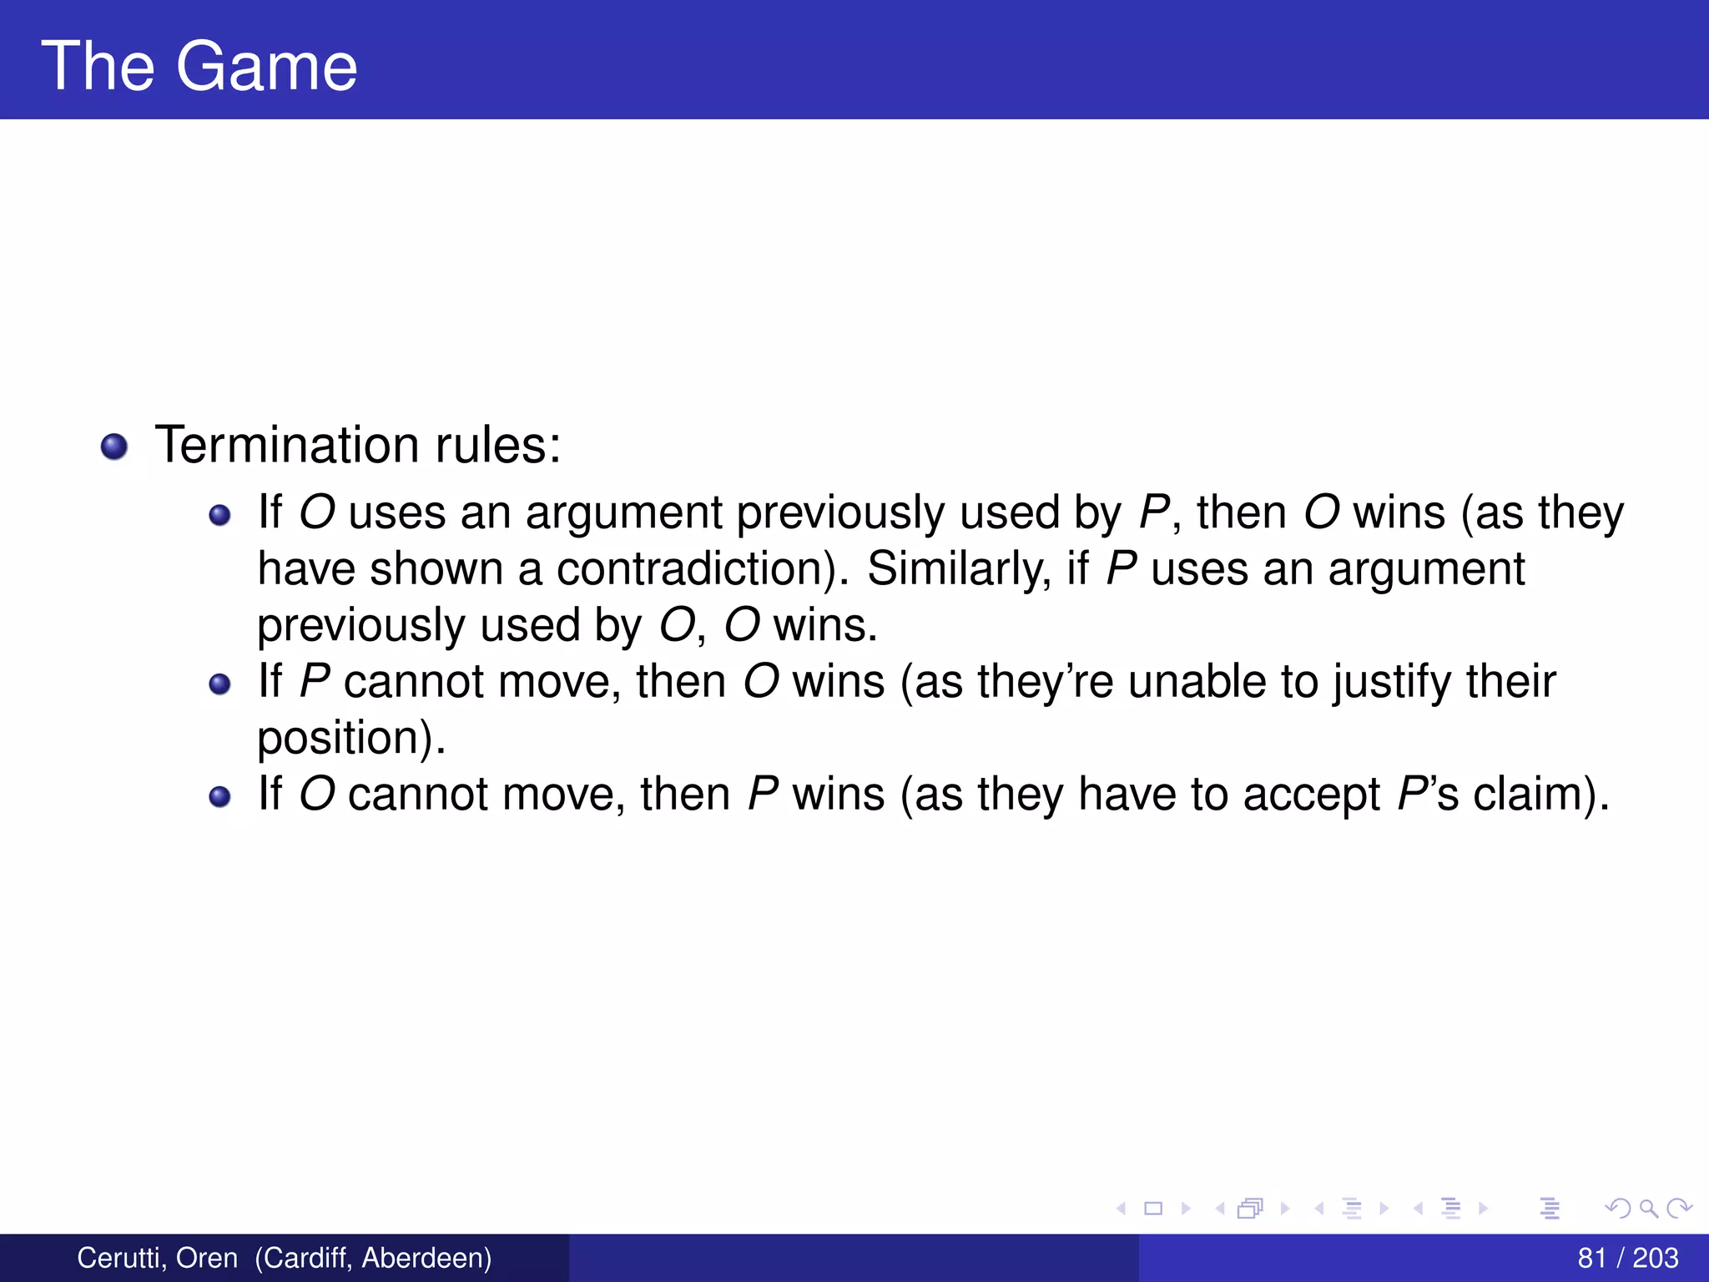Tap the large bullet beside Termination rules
click(114, 447)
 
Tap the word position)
click(350, 739)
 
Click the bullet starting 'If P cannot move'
click(219, 685)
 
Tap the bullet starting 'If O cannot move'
click(219, 797)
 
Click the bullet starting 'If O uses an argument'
click(219, 516)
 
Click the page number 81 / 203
click(1627, 1257)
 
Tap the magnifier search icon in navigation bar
click(1648, 1208)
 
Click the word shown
click(436, 569)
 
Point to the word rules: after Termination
click(498, 444)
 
